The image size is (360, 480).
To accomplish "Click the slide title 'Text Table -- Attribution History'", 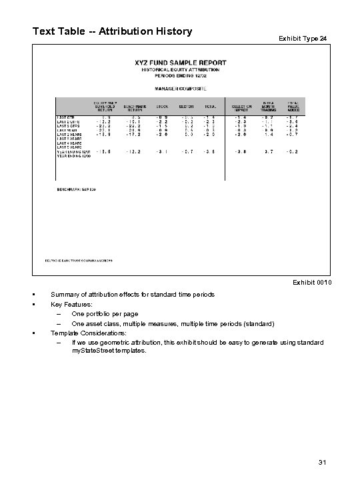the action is [x=112, y=31].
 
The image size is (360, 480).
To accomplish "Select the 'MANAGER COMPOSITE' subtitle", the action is [x=181, y=87].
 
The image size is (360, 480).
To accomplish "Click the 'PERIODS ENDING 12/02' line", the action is [x=181, y=75].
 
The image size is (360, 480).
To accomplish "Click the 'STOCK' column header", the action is [x=162, y=106].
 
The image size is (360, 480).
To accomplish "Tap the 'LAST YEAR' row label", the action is [x=66, y=130].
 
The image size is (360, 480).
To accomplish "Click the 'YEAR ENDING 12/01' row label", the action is [x=72, y=151].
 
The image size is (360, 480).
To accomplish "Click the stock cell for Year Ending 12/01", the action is [x=162, y=151].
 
